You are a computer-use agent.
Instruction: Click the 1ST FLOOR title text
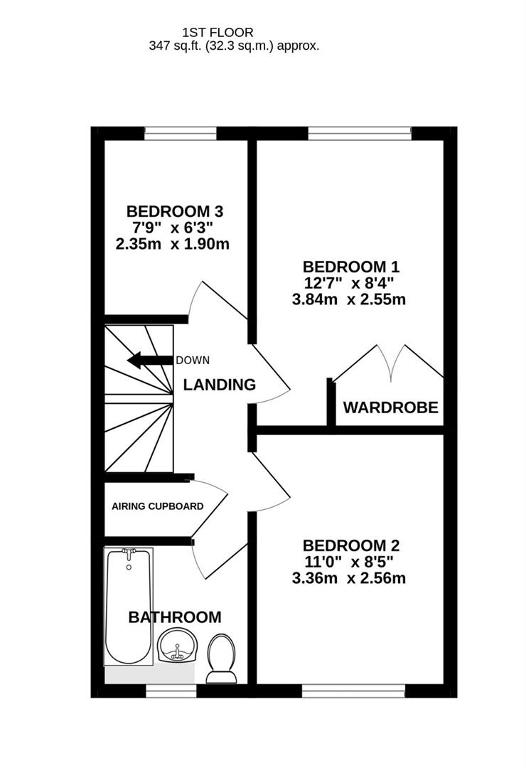[x=218, y=32]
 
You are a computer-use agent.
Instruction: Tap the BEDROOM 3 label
[x=175, y=211]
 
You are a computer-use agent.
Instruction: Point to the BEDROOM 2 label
[x=351, y=545]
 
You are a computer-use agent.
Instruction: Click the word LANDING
[x=220, y=385]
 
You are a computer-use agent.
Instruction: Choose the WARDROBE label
[x=390, y=408]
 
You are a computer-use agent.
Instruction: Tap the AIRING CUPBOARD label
[x=158, y=506]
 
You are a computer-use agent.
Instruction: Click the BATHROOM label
[x=175, y=617]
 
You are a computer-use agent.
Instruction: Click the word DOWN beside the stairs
[x=193, y=361]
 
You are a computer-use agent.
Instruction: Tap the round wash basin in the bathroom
[x=175, y=646]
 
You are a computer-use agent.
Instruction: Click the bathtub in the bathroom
[x=129, y=607]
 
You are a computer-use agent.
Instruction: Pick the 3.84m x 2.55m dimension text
[x=349, y=299]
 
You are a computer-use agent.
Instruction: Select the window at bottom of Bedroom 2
[x=353, y=689]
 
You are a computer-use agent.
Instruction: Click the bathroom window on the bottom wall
[x=171, y=689]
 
